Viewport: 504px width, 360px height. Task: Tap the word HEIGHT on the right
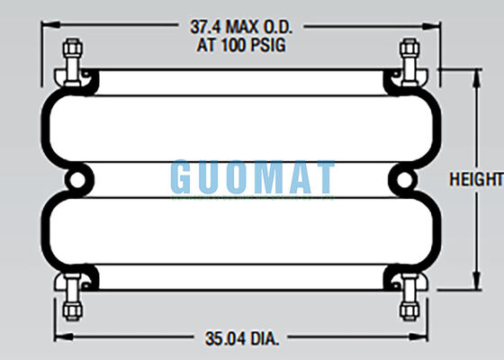point(475,180)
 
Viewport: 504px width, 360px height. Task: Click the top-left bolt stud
point(73,57)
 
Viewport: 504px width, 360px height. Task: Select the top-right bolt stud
point(409,57)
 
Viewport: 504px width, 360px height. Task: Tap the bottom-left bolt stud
point(73,301)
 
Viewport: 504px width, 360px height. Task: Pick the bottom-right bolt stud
point(409,301)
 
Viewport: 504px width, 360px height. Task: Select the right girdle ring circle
point(404,180)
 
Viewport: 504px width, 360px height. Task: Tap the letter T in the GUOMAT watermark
point(321,178)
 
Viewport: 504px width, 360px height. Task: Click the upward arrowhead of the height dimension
point(475,75)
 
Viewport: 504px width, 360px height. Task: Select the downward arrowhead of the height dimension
point(475,285)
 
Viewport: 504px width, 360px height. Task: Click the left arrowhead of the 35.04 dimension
point(59,339)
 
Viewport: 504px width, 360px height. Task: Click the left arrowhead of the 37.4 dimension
point(41,27)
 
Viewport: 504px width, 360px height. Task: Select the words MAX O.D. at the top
point(265,27)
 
